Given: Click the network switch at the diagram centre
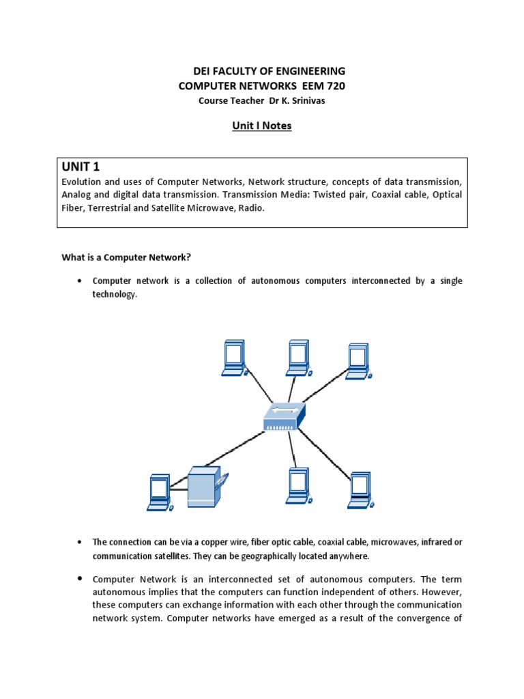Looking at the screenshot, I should coord(285,416).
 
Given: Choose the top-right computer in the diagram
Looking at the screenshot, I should coord(358,360).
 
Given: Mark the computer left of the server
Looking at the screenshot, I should coord(158,490).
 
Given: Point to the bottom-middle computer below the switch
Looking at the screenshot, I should coord(298,485).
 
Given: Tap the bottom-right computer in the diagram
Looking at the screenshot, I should coord(359,489).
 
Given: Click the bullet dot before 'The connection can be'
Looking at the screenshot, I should coord(81,542).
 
